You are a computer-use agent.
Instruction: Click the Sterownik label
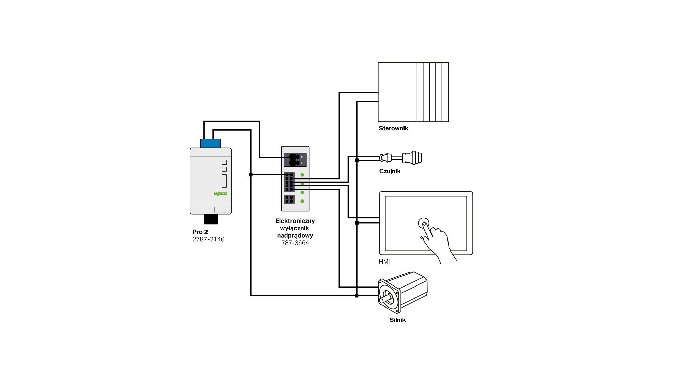tap(393, 128)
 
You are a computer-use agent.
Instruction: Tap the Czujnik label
tap(390, 171)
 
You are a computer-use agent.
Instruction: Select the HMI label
tap(384, 262)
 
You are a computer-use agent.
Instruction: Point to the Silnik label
tap(397, 320)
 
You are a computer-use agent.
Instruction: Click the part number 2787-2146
tap(209, 239)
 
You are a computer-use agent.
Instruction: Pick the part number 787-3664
tap(295, 243)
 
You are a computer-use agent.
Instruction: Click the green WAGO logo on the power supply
tap(220, 194)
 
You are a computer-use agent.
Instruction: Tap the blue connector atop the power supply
tap(211, 143)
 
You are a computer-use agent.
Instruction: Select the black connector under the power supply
tap(211, 219)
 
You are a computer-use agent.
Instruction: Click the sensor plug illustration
tap(401, 158)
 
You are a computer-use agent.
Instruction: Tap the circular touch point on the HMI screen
tap(423, 223)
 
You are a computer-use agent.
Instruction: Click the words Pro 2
tap(200, 232)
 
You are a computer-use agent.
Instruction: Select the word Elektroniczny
tap(295, 221)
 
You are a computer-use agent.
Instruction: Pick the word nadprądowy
tap(295, 236)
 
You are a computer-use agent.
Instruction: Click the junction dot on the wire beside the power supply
tap(250, 175)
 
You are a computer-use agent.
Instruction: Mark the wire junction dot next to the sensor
tap(357, 160)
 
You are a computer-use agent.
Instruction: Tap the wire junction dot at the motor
tap(357, 296)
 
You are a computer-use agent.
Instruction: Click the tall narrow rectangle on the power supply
tap(224, 181)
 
